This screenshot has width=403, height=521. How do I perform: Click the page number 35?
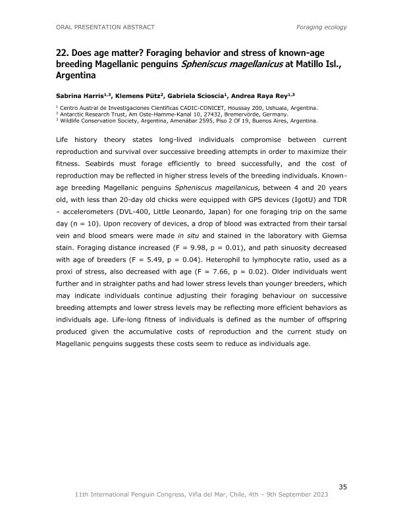(x=342, y=487)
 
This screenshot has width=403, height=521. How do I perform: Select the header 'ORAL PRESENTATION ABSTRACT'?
(x=105, y=27)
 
